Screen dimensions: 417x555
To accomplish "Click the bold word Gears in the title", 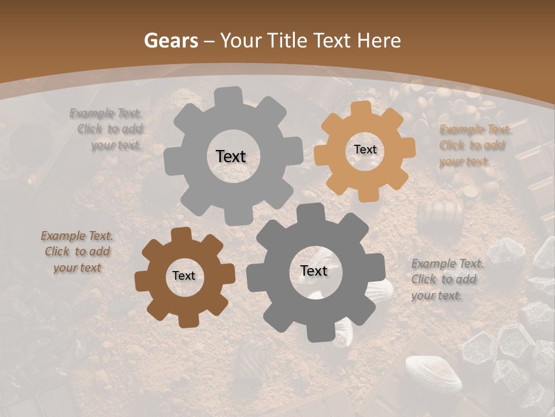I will pyautogui.click(x=171, y=41).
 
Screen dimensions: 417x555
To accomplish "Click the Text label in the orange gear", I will pyautogui.click(x=365, y=149).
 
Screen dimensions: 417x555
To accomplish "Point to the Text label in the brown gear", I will pyautogui.click(x=184, y=276).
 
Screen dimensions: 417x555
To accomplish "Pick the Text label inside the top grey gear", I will pyautogui.click(x=231, y=156).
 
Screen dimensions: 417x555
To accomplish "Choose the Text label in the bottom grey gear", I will pyautogui.click(x=314, y=270).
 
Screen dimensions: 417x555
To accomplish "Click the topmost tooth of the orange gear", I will pyautogui.click(x=360, y=108).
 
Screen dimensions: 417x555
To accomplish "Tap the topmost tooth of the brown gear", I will pyautogui.click(x=181, y=234).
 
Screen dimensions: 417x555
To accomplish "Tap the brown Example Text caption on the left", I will pyautogui.click(x=77, y=251).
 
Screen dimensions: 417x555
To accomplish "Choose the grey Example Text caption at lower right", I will pyautogui.click(x=447, y=279).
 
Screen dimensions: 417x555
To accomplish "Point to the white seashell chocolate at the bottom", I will pyautogui.click(x=434, y=373).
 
